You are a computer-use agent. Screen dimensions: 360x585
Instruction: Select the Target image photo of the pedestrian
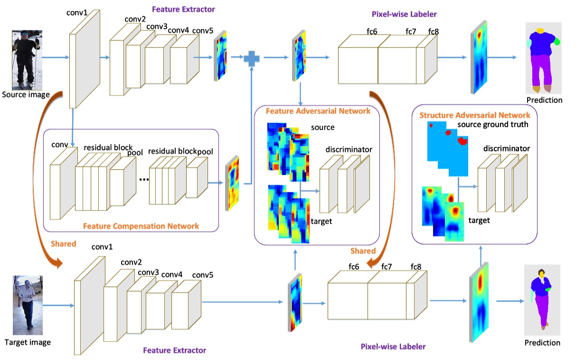27,304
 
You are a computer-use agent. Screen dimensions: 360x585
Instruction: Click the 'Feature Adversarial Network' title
318,111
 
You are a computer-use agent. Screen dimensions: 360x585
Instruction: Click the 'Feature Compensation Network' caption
141,226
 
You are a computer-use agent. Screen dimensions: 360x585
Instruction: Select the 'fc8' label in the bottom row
416,266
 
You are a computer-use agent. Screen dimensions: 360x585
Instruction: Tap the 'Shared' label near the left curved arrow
64,244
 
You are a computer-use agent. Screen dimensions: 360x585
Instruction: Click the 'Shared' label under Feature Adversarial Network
363,250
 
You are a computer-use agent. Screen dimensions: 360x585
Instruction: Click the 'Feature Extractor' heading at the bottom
174,351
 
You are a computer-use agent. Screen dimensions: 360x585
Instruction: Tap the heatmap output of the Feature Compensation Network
232,183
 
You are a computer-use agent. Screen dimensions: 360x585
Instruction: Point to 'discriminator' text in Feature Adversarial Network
349,150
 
